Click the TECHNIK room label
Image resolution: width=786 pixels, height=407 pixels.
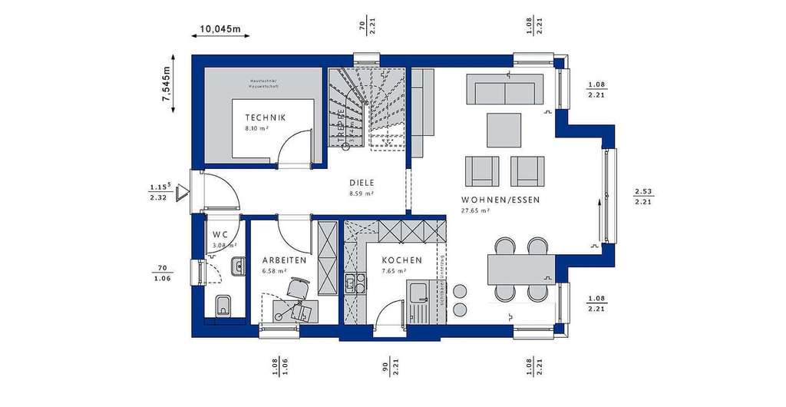point(265,117)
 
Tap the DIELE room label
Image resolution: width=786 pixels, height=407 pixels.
point(361,183)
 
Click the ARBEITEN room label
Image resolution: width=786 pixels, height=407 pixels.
point(284,260)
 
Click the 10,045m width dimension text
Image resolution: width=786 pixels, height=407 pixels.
point(220,30)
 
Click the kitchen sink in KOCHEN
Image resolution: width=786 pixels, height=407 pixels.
point(421,295)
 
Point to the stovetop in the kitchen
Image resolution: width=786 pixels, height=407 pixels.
point(355,283)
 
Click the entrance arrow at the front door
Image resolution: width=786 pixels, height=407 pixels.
point(182,193)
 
